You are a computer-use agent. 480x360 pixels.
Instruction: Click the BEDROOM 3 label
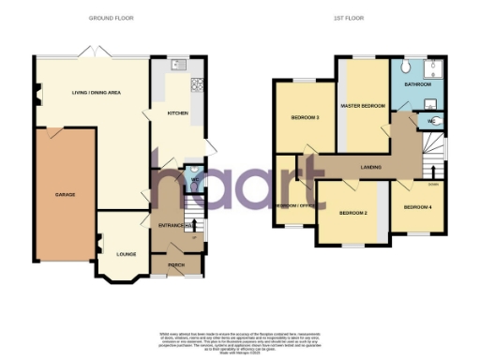[305, 117]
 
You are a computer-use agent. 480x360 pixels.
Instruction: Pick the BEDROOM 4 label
[417, 206]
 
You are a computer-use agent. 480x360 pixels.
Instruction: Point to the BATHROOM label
[418, 84]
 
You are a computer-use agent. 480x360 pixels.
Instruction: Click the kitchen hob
[198, 85]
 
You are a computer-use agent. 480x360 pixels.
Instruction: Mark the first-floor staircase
[432, 156]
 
